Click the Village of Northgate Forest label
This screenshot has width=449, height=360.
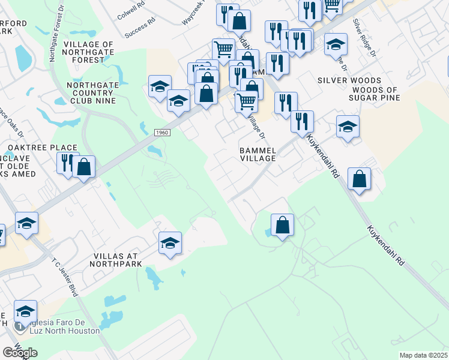(x=88, y=52)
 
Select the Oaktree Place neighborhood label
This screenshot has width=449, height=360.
(x=43, y=148)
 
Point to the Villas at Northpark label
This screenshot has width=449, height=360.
(x=117, y=260)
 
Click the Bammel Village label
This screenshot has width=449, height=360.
(x=257, y=154)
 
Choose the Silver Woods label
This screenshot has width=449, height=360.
(x=349, y=80)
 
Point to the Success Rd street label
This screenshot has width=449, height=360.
(x=140, y=28)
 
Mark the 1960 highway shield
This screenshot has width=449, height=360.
(x=160, y=132)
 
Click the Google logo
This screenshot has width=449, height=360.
(x=20, y=353)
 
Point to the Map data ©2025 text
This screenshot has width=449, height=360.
(x=423, y=355)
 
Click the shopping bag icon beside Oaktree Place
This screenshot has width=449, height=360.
(x=84, y=166)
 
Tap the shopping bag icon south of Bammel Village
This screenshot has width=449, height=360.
(x=282, y=225)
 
